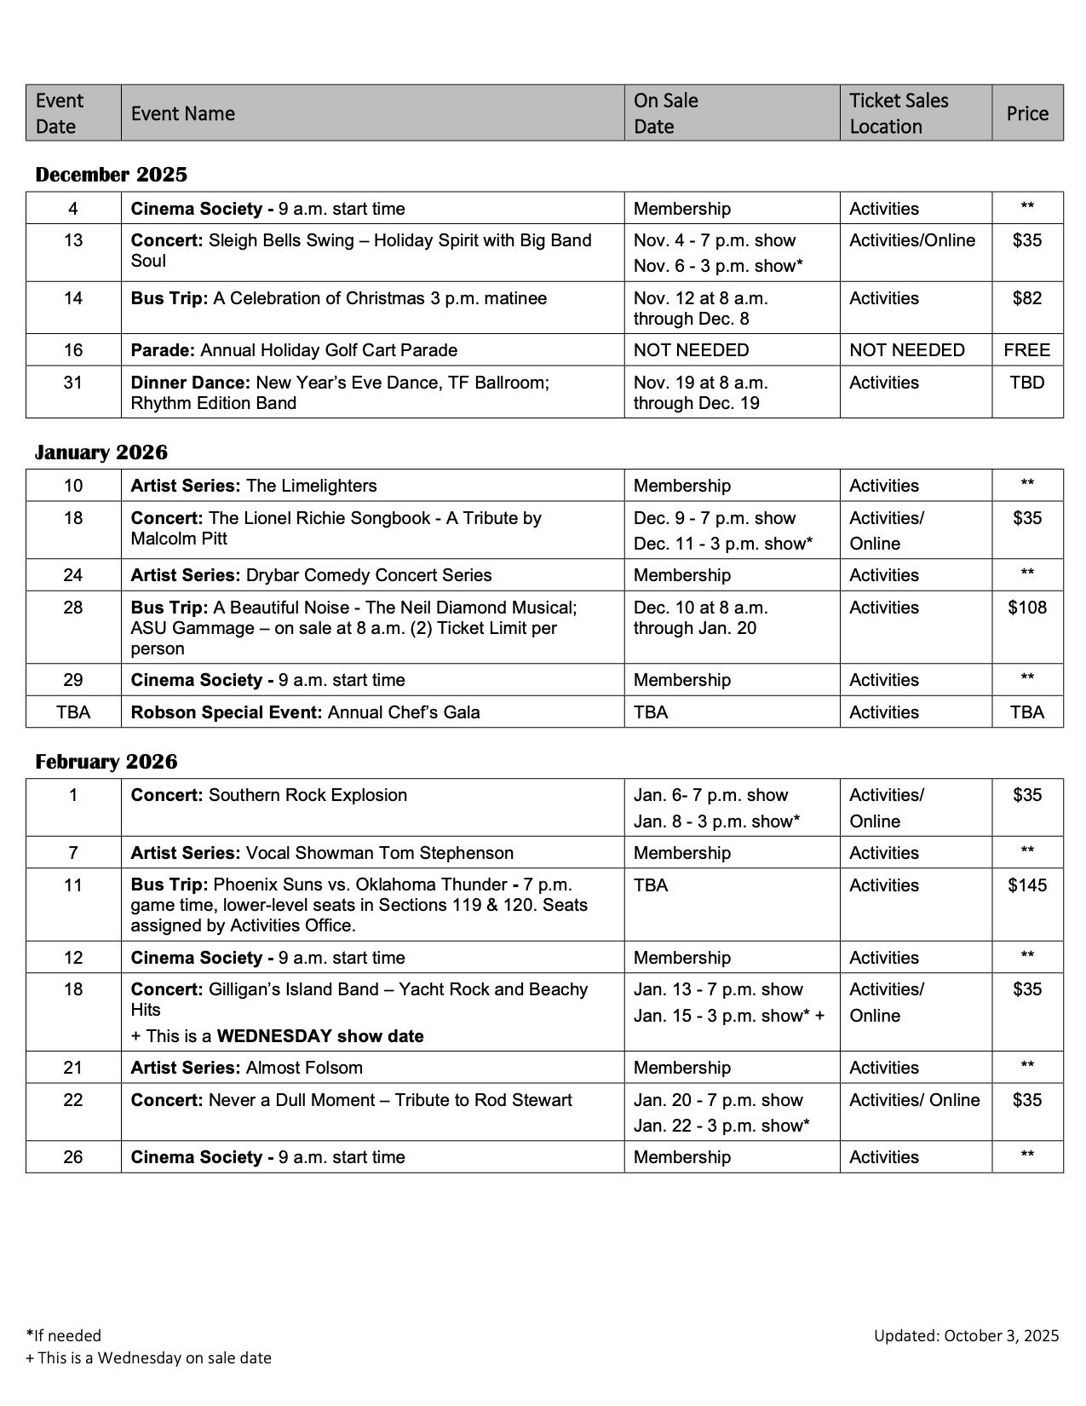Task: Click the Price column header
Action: point(1027,113)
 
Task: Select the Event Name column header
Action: point(183,113)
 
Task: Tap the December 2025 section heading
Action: point(112,175)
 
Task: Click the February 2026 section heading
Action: point(106,761)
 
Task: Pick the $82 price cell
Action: point(1027,298)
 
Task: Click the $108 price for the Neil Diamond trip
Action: point(1027,608)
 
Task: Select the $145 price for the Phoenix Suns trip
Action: point(1027,885)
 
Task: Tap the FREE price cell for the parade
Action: point(1027,350)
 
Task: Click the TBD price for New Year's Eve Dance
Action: point(1027,383)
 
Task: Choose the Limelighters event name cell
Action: point(254,486)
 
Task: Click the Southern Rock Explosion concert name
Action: point(269,795)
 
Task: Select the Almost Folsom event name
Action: point(247,1068)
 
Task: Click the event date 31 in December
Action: point(73,383)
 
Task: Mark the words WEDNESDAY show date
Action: point(320,1036)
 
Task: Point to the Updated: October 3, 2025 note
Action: point(966,1335)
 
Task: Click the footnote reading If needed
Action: point(65,1335)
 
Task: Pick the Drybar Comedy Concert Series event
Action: point(312,575)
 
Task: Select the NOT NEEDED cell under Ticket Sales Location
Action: point(907,350)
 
